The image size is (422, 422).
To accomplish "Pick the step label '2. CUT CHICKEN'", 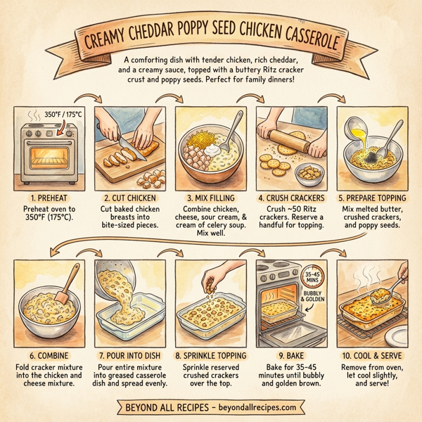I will [127, 198].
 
